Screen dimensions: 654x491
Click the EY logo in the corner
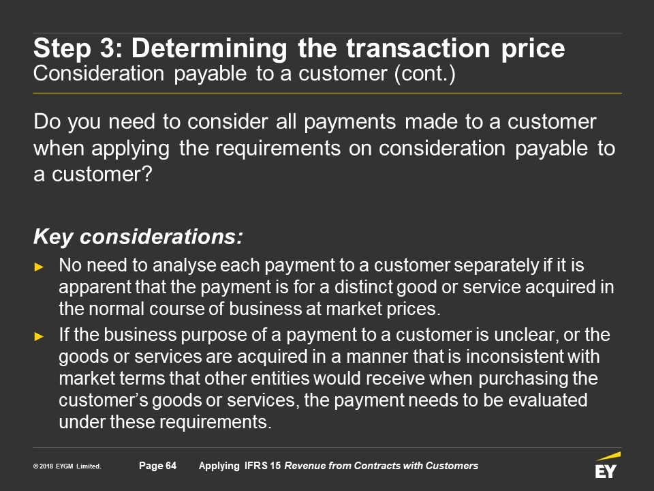tap(607, 465)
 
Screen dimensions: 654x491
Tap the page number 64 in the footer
tap(171, 466)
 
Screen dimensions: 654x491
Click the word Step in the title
tap(63, 49)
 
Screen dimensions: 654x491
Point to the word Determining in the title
tap(209, 49)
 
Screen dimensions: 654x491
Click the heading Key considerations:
tap(138, 237)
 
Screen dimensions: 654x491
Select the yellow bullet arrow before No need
tap(39, 267)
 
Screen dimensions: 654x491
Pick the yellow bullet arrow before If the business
tap(39, 336)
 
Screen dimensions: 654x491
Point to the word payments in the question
tap(349, 122)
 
